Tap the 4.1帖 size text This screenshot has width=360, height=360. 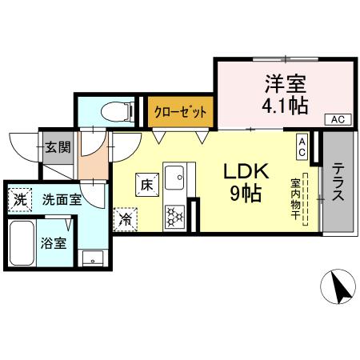click(286, 104)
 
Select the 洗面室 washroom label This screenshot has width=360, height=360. click(62, 199)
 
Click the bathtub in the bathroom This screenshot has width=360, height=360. click(21, 242)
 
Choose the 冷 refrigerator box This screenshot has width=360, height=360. click(125, 217)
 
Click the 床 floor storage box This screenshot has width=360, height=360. click(146, 183)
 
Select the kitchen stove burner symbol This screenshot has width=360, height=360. click(175, 214)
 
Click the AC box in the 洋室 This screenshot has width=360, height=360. click(336, 119)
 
